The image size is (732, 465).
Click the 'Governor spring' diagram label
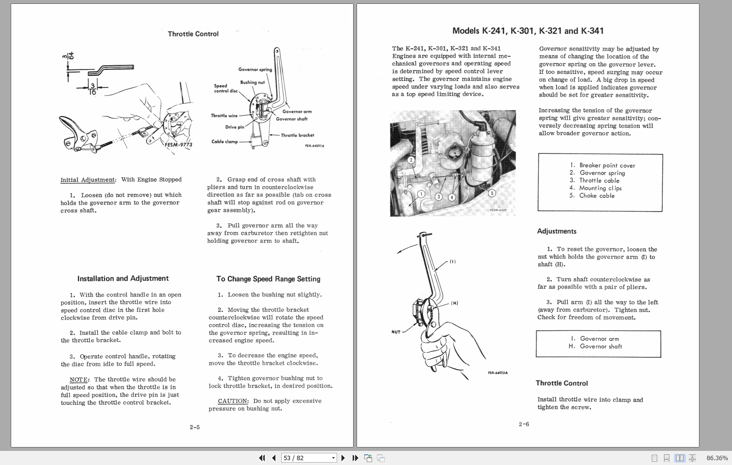click(x=255, y=69)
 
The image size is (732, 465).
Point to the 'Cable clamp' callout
click(x=224, y=142)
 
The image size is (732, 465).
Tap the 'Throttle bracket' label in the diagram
click(x=297, y=136)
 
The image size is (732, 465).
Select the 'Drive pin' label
click(x=235, y=127)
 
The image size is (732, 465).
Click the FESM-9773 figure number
click(x=178, y=144)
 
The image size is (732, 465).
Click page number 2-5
click(x=195, y=427)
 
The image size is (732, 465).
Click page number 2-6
click(x=524, y=424)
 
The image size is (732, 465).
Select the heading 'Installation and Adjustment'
click(x=123, y=278)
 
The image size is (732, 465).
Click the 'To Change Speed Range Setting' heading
click(x=268, y=279)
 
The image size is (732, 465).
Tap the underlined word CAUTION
click(x=233, y=401)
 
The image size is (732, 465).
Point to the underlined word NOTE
click(x=79, y=379)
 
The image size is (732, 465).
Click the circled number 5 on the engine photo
click(x=492, y=193)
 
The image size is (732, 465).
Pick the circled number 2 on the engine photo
click(x=411, y=160)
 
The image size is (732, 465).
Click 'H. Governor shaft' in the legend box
click(x=596, y=346)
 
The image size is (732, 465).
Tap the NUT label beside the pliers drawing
click(x=396, y=332)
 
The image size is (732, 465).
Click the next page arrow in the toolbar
click(x=343, y=458)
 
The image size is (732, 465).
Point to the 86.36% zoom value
click(x=717, y=458)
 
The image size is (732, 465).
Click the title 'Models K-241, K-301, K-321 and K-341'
click(x=528, y=31)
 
